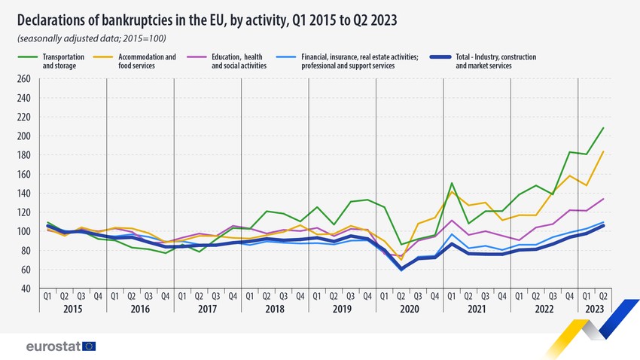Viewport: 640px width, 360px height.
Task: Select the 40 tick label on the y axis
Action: coord(25,288)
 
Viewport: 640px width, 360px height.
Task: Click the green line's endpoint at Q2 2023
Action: coord(603,127)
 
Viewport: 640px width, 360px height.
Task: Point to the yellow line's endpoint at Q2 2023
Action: coord(603,151)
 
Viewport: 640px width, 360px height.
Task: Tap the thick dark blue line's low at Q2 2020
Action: coord(401,269)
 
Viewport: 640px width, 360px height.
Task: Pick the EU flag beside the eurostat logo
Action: coord(89,346)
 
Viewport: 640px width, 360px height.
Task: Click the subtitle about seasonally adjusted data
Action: coord(91,38)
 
